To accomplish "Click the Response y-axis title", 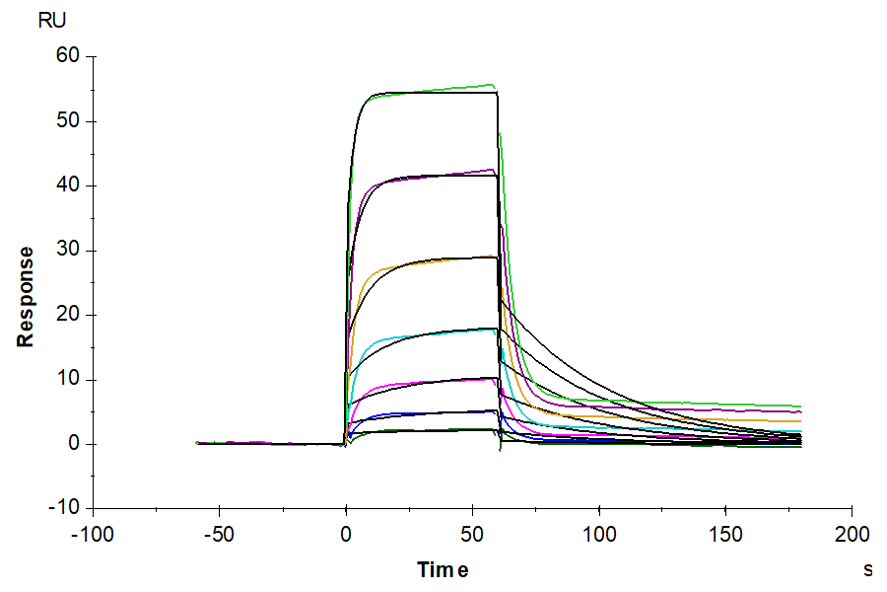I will click(x=26, y=296).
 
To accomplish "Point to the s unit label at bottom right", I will click(x=867, y=569).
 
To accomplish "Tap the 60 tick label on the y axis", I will click(x=67, y=56).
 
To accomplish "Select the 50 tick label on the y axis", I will click(x=67, y=121).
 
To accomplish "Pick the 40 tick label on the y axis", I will click(x=67, y=185).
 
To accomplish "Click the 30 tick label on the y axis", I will click(x=67, y=251).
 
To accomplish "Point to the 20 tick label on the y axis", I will click(x=67, y=315).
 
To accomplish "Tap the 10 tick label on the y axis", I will click(x=67, y=380).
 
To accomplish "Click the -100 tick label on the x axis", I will click(x=93, y=536).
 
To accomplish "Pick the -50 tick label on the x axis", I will click(x=219, y=536).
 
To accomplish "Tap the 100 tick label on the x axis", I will click(x=598, y=536).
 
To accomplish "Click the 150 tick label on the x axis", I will click(x=725, y=536).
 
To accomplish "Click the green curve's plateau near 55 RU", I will click(x=453, y=88).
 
